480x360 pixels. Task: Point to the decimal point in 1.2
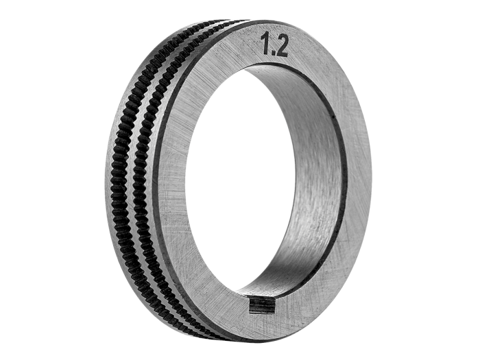[272, 52]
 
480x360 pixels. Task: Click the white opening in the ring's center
[242, 184]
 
